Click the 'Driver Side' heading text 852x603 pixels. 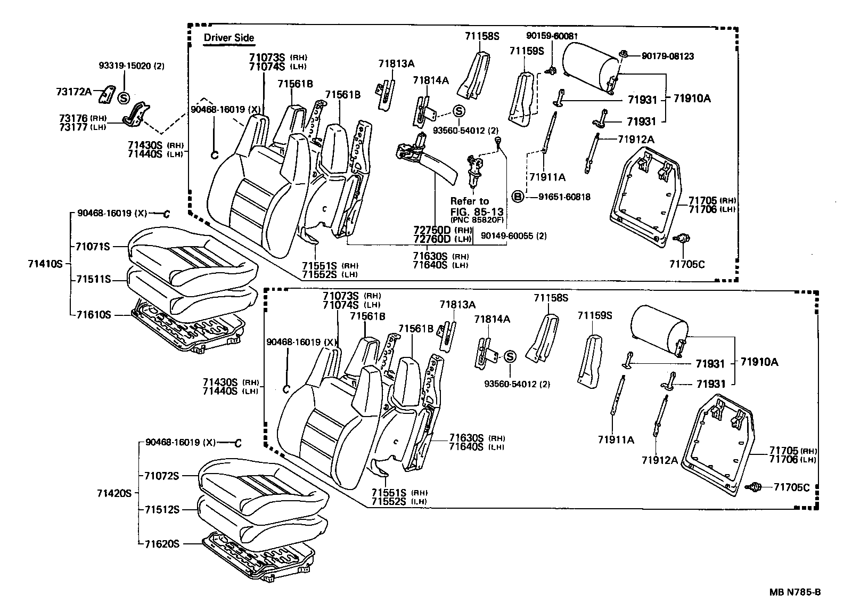[229, 38]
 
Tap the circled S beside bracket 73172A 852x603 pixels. [124, 98]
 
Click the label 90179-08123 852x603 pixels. [667, 56]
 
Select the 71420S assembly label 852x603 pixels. [114, 493]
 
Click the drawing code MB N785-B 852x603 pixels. [794, 591]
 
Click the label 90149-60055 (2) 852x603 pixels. [513, 236]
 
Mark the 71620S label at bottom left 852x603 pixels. [162, 544]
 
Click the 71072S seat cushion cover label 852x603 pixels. [162, 476]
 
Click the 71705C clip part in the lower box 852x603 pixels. [755, 486]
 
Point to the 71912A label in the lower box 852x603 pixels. [660, 460]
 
